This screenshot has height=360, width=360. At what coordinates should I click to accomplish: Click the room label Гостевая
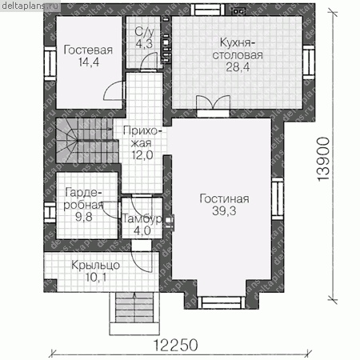click(88, 50)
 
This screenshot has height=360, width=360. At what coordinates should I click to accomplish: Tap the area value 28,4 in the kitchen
click(238, 67)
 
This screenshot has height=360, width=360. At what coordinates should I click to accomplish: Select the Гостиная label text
click(224, 198)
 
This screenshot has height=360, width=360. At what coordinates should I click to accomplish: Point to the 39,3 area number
click(224, 211)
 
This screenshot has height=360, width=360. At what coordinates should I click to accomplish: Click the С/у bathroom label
click(144, 32)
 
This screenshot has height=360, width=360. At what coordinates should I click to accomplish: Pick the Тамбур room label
click(142, 218)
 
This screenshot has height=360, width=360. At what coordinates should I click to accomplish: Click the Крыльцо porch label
click(95, 266)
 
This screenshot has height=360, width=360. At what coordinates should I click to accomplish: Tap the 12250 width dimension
click(176, 345)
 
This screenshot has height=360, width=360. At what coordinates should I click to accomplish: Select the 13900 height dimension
click(323, 159)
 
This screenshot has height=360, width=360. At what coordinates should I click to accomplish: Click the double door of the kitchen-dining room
click(213, 102)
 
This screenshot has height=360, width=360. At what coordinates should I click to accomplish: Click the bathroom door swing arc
click(149, 61)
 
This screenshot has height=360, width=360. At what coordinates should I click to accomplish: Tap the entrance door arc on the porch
click(142, 262)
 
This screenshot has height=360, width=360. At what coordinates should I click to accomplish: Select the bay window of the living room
click(222, 302)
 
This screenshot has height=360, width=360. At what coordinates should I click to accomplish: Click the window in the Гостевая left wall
click(50, 63)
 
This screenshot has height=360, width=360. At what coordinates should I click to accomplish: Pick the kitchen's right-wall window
click(309, 62)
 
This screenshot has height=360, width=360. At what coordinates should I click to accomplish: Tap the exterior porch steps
click(134, 314)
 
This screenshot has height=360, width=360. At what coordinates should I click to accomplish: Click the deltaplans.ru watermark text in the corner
click(30, 6)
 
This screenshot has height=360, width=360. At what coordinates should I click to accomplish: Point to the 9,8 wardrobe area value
click(83, 217)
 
